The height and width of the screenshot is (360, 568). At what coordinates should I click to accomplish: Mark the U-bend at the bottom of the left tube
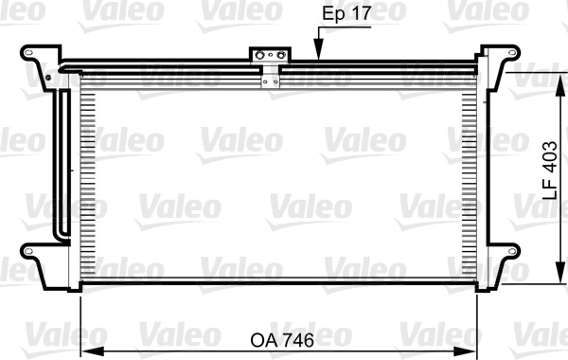point(63,236)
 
